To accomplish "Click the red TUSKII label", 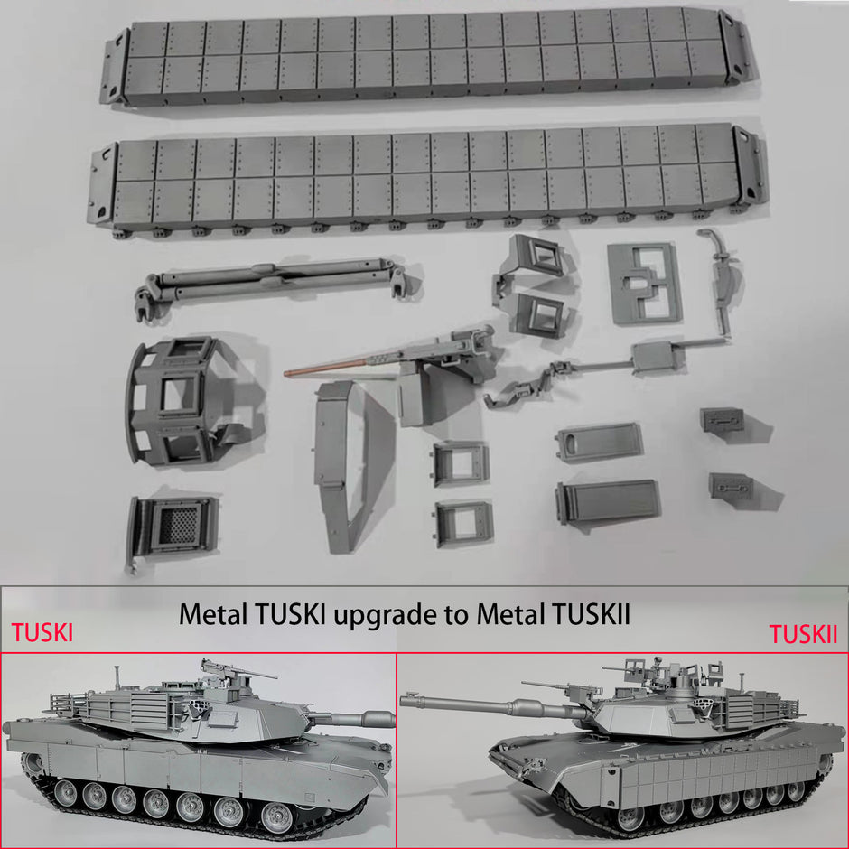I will (804, 634).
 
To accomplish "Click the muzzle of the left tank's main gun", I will (389, 719).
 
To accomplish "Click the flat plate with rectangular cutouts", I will (642, 283).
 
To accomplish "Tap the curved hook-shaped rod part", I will (718, 271).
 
